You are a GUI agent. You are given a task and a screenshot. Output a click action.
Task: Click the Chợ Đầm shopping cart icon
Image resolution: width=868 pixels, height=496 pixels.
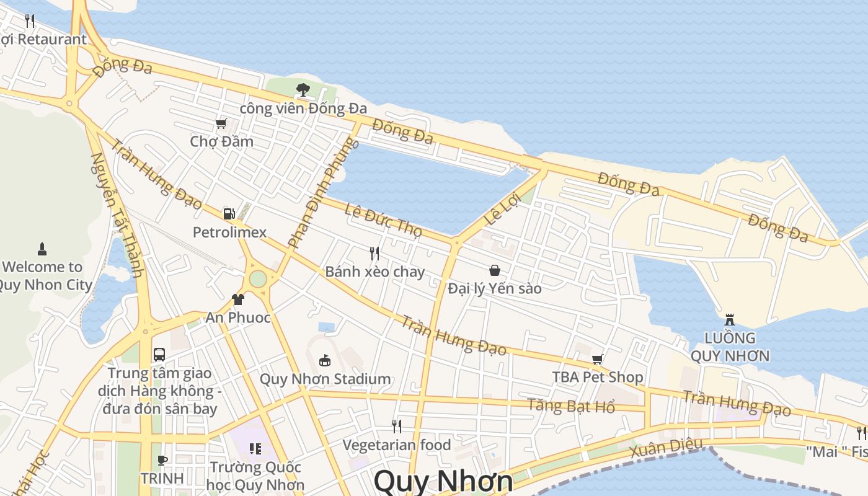221,124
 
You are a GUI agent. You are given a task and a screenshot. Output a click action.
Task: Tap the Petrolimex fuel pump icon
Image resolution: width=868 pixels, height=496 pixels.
229,215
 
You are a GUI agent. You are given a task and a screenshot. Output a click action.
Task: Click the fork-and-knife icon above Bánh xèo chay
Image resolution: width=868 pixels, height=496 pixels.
374,253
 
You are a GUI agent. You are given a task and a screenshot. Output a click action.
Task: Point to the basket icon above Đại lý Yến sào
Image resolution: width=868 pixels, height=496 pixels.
495,270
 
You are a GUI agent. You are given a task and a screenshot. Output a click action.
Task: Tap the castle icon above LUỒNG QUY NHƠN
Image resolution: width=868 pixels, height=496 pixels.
730,320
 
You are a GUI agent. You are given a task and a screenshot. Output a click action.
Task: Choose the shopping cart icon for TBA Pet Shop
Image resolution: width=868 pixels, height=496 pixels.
598,359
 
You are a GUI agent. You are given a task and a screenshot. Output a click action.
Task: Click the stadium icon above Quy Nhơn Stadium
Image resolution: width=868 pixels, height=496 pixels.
324,360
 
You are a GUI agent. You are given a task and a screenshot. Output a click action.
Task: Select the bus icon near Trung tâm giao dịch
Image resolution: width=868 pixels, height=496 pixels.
159,355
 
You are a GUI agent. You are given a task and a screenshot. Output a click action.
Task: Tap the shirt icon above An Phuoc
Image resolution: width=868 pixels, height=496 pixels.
238,300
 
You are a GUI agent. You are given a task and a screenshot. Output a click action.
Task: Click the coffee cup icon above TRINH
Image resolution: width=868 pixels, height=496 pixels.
162,460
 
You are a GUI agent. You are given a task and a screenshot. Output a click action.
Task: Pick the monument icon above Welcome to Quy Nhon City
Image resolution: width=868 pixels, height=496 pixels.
42,249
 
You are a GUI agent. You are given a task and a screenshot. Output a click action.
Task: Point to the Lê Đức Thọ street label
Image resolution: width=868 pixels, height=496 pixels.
383,220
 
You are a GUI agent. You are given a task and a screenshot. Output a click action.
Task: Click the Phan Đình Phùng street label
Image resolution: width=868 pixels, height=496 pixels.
323,193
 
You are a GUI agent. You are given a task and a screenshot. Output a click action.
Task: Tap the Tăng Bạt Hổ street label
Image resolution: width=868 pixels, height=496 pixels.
571,406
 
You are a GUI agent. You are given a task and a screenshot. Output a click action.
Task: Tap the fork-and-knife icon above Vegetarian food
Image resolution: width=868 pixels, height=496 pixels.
397,427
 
